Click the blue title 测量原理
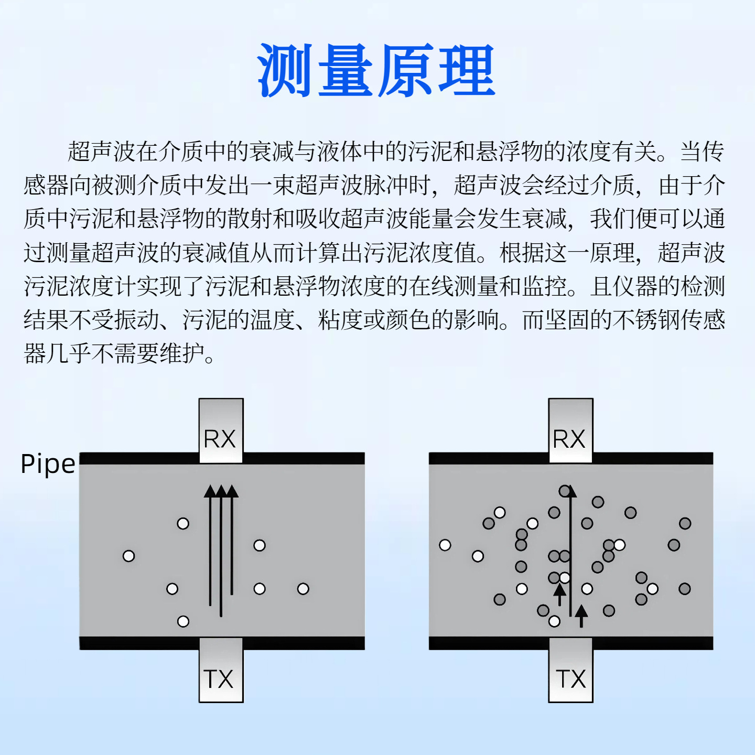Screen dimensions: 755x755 [x=376, y=70]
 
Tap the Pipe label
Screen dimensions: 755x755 [x=48, y=464]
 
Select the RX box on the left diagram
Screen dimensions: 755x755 [x=221, y=430]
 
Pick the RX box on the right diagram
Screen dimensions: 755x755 [x=570, y=430]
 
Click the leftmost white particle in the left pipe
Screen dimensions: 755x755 [x=128, y=556]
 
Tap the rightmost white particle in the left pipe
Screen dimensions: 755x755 [x=303, y=589]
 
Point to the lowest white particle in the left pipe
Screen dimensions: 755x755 [x=183, y=621]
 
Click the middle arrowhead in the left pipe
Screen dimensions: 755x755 [x=221, y=491]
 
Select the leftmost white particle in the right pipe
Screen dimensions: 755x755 [x=445, y=545]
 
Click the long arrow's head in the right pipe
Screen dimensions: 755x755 [x=571, y=492]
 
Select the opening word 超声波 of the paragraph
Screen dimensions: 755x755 [x=102, y=152]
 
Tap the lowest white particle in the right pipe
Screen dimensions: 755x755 [x=554, y=621]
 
